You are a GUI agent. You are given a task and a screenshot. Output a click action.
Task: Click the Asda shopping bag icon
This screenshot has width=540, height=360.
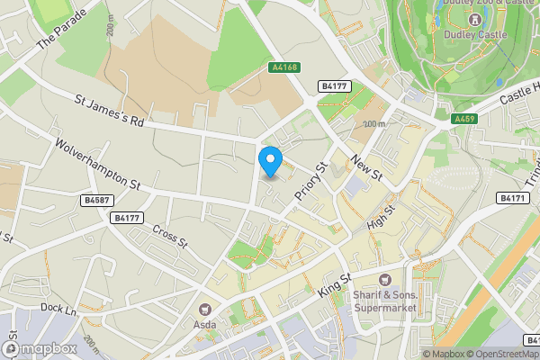203,309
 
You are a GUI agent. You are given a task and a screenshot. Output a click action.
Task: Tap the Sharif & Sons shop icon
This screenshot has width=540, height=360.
385,281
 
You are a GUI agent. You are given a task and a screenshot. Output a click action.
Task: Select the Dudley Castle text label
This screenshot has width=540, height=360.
475,35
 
